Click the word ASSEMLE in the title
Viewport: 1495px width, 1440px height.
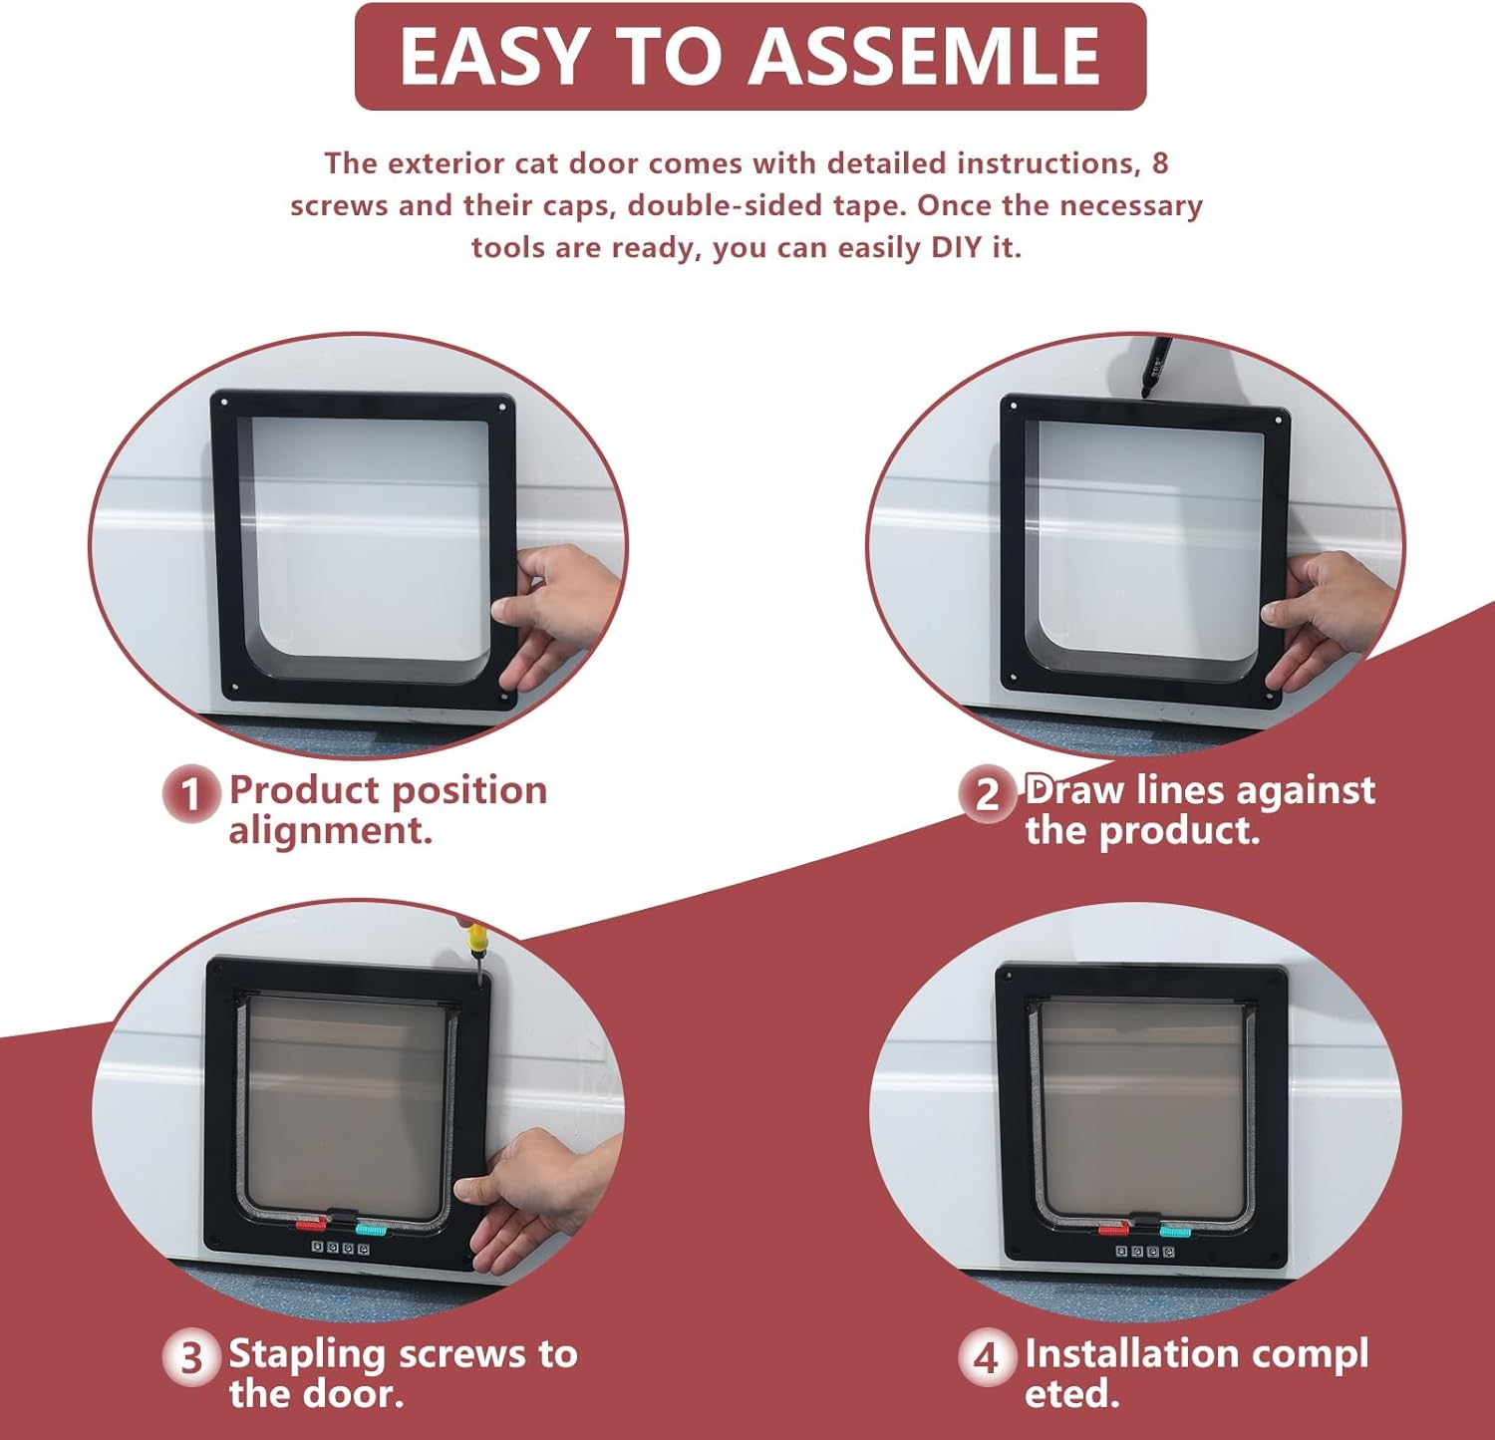(925, 56)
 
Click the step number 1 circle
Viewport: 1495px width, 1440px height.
(190, 794)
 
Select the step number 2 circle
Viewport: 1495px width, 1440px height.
(987, 794)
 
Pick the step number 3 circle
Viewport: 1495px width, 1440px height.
(190, 1357)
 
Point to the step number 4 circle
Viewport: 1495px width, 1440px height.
(987, 1357)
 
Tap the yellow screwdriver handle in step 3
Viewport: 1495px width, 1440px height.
(476, 937)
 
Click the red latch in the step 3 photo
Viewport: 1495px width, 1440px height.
(312, 1223)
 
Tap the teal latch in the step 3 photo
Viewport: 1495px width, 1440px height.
(372, 1229)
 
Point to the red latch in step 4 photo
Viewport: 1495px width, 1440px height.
(1114, 1230)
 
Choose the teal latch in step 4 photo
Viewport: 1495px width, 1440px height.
(1175, 1230)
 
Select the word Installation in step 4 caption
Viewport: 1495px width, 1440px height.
(1130, 1353)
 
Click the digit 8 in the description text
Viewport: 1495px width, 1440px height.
(1160, 162)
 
